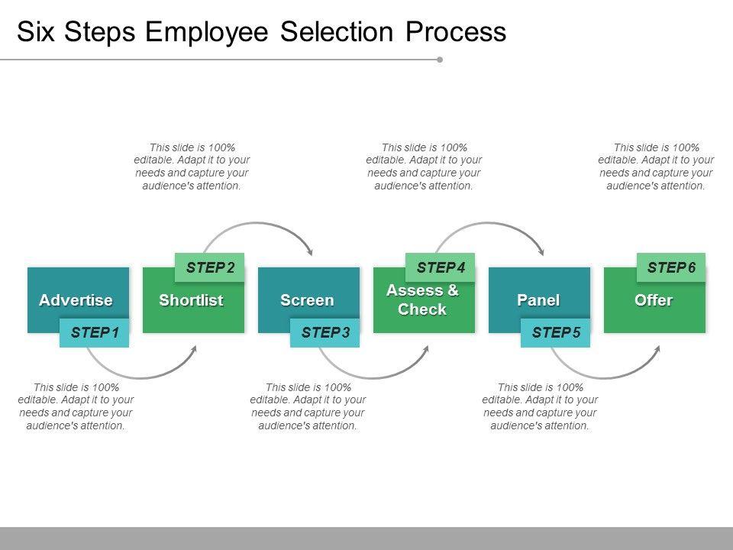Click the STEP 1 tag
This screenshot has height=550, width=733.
pos(95,332)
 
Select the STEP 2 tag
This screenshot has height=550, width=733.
pos(210,267)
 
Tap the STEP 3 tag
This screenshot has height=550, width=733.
pos(325,332)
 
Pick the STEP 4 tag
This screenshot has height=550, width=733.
pos(441,267)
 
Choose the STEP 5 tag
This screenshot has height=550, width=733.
pos(556,332)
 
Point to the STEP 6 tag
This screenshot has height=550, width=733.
pos(671,267)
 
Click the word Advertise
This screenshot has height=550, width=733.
pos(76,300)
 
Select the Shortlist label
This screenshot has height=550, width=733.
pos(191,300)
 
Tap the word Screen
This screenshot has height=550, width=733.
pos(307,300)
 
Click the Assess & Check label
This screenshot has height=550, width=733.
pos(422,299)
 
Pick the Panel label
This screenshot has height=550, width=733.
pos(538,300)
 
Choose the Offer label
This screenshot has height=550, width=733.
pos(654,300)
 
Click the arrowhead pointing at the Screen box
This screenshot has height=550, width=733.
pos(309,251)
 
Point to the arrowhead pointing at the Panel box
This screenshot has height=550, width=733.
pos(541,251)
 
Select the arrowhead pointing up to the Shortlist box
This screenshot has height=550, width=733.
pos(194,349)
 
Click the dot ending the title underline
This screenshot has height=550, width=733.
pos(440,59)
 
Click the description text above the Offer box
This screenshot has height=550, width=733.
pos(656,167)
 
